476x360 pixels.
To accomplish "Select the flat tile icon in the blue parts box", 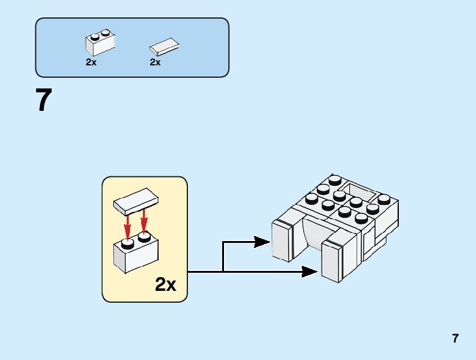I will (164, 47).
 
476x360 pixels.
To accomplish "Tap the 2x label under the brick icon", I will (91, 62).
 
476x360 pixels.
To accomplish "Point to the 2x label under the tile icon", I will (156, 62).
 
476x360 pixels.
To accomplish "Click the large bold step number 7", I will (43, 101).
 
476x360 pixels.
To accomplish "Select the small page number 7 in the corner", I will (455, 339).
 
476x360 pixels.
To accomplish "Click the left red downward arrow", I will (128, 226).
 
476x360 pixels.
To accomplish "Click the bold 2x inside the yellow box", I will (166, 285).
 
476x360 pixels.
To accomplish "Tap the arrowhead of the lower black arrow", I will (310, 271).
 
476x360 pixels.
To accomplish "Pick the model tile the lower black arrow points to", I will (332, 263).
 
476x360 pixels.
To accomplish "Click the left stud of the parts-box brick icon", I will (94, 36).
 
